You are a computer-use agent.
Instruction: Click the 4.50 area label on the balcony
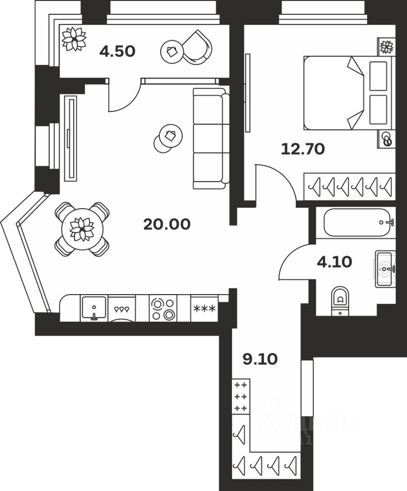[117, 52]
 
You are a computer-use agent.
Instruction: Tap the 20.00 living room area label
[167, 224]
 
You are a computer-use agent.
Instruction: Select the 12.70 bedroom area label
[303, 149]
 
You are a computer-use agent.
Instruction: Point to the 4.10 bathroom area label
[334, 262]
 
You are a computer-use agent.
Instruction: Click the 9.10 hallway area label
[260, 359]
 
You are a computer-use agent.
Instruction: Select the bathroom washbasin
[385, 269]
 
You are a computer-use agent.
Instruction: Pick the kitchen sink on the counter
[94, 308]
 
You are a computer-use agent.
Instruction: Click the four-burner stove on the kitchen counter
[163, 308]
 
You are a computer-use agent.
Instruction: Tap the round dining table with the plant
[82, 229]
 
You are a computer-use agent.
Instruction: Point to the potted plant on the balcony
[74, 38]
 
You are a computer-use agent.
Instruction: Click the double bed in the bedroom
[348, 93]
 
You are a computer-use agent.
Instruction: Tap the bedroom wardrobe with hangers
[350, 187]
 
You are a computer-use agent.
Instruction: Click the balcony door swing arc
[124, 97]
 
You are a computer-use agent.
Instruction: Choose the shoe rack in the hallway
[240, 396]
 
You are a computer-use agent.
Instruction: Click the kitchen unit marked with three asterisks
[204, 309]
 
